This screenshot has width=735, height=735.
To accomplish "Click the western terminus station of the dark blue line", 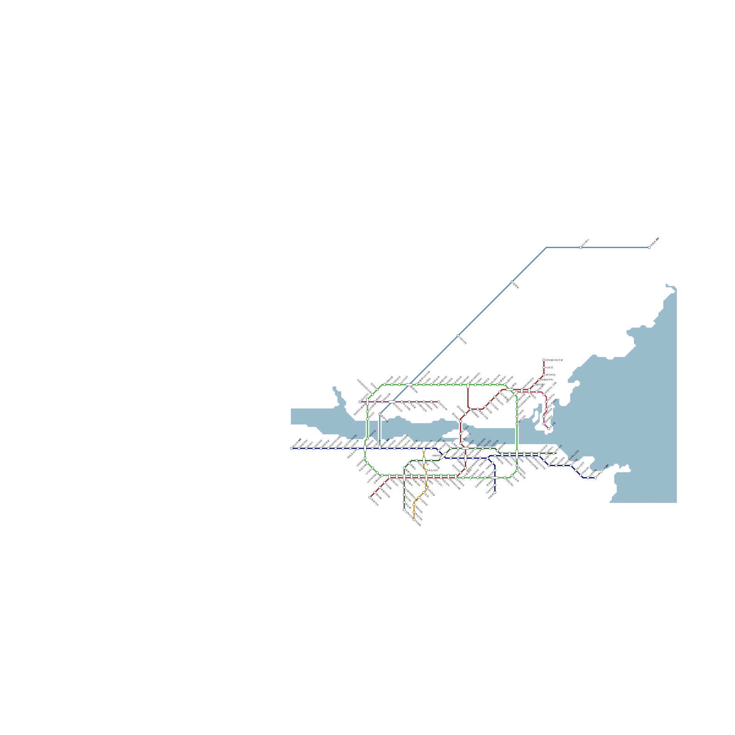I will coord(291,448).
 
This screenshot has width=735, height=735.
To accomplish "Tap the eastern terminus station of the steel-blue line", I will coord(649,248).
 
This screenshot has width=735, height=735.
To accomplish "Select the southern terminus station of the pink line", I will coord(548,429).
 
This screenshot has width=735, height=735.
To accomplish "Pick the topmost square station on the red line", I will coord(544,360).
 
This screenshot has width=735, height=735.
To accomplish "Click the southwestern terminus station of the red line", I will coord(370,497).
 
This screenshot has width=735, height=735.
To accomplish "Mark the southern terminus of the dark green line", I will coord(404,509).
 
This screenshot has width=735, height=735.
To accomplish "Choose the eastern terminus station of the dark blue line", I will coord(595,478).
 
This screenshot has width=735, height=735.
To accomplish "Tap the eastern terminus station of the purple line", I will coord(438,402).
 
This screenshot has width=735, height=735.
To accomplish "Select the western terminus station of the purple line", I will coord(360,402).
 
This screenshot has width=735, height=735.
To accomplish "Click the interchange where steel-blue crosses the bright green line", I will coord(409,384).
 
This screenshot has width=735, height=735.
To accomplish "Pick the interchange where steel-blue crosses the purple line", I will coord(391,402).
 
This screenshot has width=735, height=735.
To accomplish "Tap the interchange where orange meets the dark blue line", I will coord(424,449).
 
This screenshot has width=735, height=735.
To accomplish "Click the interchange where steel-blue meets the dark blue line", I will coord(379,448).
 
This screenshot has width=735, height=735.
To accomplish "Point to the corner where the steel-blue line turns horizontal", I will coord(546,248).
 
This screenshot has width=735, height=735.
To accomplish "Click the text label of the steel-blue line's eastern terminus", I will coord(655,239).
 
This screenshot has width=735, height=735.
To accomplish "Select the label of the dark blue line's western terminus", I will coord(297,443).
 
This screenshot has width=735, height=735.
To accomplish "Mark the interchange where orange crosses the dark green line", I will coord(424,460).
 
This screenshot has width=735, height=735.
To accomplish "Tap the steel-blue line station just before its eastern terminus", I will coord(581,248).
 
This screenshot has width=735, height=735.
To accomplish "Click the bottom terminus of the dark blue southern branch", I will coord(495,492).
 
